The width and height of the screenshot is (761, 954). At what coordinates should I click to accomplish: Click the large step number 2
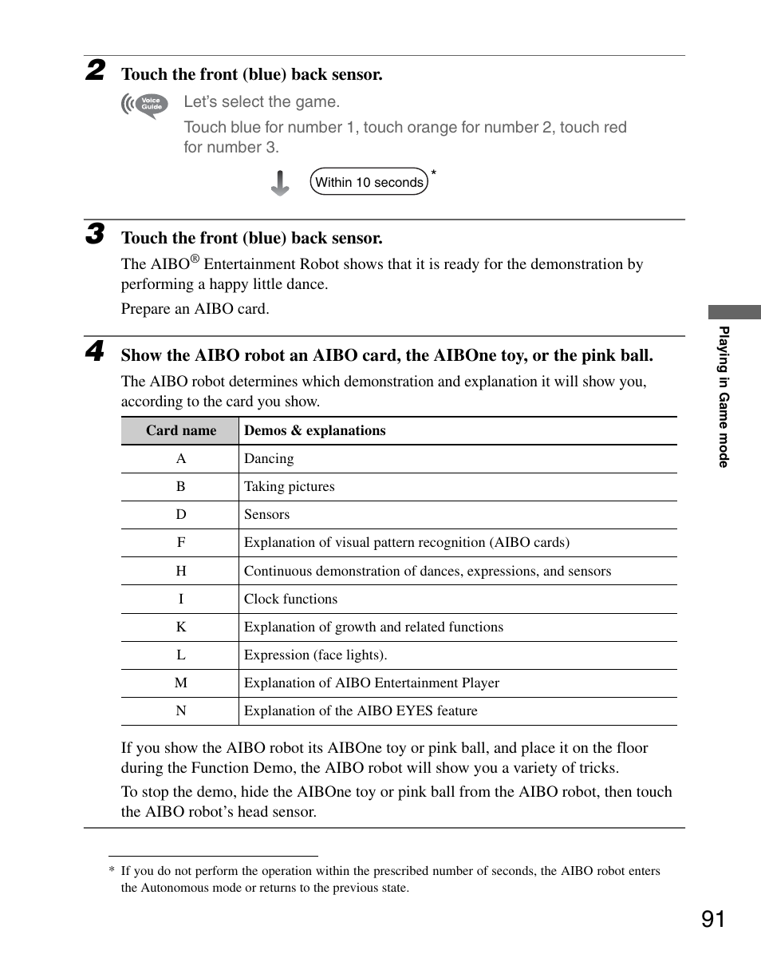tap(95, 70)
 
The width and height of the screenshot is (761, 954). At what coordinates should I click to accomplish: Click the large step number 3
tap(95, 234)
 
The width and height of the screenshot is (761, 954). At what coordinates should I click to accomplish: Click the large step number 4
tap(95, 351)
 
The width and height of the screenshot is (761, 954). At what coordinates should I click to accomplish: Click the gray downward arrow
tap(280, 183)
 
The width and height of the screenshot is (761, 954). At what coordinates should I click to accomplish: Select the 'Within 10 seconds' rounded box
tap(369, 182)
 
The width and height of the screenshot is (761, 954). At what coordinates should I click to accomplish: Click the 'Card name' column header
tap(181, 430)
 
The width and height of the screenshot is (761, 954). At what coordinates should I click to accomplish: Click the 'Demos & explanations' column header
tap(314, 430)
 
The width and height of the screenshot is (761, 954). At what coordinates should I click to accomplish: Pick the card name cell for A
tap(181, 459)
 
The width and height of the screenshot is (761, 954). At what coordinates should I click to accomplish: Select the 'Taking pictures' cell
tap(290, 487)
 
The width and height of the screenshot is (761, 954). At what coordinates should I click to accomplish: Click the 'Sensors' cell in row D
tap(266, 515)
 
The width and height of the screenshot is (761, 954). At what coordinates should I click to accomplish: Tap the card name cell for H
tap(181, 571)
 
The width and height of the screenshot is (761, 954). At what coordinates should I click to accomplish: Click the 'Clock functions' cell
tap(290, 599)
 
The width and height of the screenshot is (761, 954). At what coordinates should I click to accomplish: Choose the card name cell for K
tap(181, 627)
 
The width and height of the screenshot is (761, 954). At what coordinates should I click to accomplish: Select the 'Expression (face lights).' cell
tap(315, 655)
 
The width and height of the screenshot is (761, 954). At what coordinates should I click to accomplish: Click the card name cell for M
tap(181, 683)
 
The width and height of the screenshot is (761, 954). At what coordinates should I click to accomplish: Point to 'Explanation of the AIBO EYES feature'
tap(361, 711)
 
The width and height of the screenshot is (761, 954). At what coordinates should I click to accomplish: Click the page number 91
tap(714, 920)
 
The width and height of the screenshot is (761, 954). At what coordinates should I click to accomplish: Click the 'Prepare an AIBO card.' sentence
tap(195, 309)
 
